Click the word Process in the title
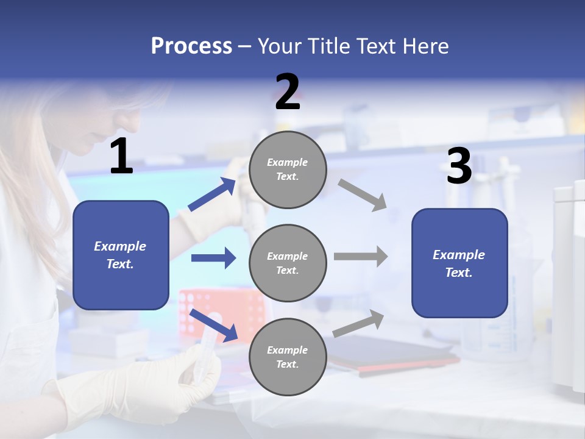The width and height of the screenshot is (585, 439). [191, 46]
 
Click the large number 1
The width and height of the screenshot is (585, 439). [121, 157]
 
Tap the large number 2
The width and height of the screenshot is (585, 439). [288, 92]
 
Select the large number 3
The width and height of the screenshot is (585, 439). [459, 166]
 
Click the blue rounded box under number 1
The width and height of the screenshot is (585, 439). [121, 255]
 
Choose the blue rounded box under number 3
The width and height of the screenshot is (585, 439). [459, 263]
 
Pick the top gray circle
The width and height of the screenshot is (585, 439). [288, 170]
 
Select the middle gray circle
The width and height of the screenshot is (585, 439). [288, 263]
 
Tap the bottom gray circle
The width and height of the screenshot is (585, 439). [288, 357]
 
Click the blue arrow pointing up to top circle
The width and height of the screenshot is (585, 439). [212, 194]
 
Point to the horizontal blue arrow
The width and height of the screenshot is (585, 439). [213, 258]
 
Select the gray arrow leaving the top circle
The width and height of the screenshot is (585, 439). [363, 195]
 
